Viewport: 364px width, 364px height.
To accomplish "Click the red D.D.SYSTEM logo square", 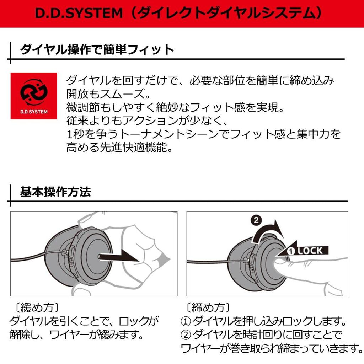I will pos(34,96).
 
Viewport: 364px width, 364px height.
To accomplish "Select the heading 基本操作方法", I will pos(55,192).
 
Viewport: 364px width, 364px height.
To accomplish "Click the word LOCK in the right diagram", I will pos(310,251).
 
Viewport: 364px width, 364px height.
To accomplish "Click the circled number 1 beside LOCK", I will pos(291,251).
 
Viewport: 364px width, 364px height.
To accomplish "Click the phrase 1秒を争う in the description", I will pos(87,134).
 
